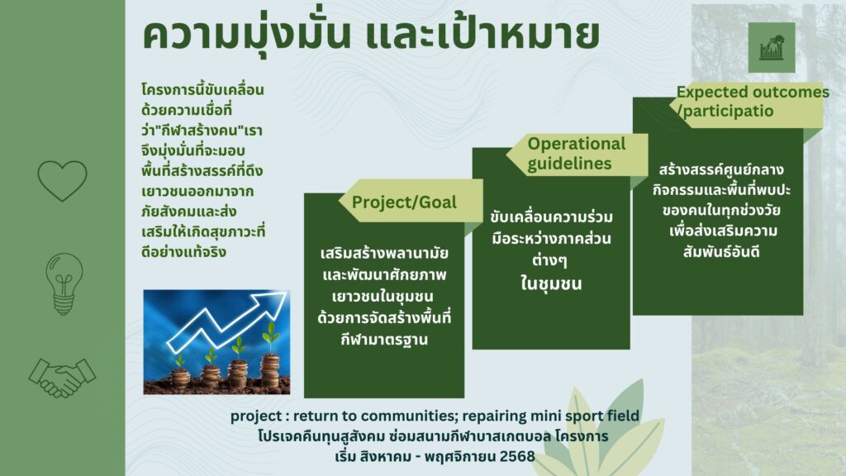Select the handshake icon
click(x=62, y=377)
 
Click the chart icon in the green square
click(x=772, y=47)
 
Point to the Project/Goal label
click(x=404, y=202)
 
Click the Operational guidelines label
click(x=576, y=154)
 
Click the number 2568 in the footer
click(x=517, y=456)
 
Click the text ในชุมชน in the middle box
click(x=551, y=283)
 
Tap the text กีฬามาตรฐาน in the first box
click(x=384, y=340)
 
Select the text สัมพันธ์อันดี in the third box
click(x=721, y=251)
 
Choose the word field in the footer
click(x=625, y=416)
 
